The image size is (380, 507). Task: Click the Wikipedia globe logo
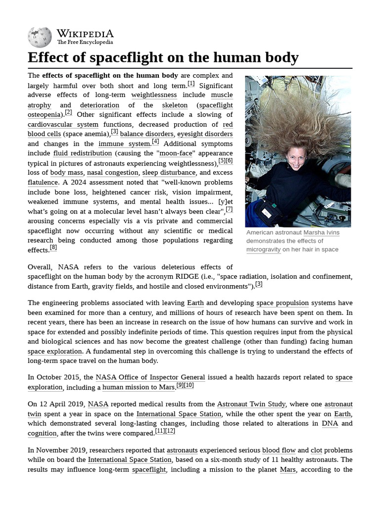coord(40,37)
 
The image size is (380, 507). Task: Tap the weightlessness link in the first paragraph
coord(154,95)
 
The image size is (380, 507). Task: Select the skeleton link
coord(175,105)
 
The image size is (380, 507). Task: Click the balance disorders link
coord(146,134)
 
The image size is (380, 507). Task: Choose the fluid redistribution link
coord(83,153)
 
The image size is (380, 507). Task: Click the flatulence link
coord(43,183)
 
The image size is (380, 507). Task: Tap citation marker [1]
coord(191,84)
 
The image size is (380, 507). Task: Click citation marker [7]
coord(229,209)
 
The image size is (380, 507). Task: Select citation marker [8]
coord(53,248)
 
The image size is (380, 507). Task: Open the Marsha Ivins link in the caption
coord(322,233)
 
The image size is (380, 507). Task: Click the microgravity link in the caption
coord(263,250)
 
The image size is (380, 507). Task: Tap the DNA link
coord(330,423)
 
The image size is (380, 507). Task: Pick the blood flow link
coord(279,450)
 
